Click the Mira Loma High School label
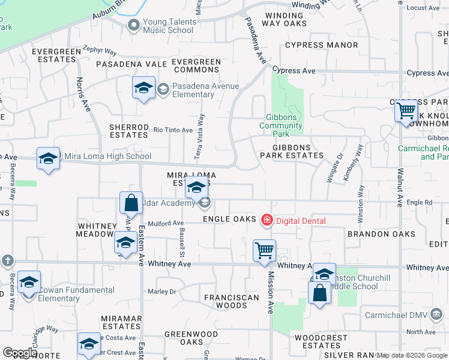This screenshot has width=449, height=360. (107, 157)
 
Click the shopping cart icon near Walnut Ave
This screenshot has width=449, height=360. (406, 111)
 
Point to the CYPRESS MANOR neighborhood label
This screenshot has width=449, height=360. (322, 45)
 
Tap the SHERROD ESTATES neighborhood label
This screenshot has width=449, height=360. (128, 131)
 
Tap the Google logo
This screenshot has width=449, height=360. (20, 353)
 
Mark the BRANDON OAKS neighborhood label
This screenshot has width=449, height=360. (381, 234)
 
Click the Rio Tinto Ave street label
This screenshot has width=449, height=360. (173, 130)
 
